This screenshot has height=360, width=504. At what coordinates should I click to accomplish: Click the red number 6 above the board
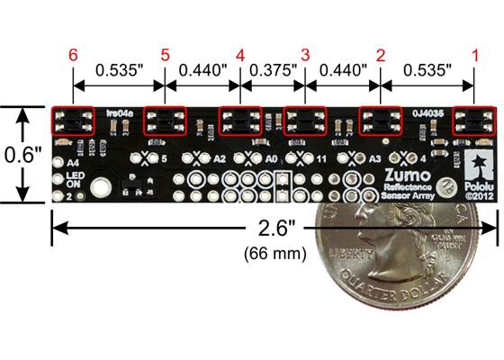[x=73, y=56]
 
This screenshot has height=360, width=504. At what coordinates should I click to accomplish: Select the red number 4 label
[x=239, y=56]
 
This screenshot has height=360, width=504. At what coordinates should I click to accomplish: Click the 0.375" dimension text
[x=272, y=68]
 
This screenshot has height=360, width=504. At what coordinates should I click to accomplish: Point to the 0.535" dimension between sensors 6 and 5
[x=119, y=68]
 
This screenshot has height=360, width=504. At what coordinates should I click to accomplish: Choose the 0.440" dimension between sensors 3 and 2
[x=343, y=68]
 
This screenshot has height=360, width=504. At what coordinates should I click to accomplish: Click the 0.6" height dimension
[x=19, y=154]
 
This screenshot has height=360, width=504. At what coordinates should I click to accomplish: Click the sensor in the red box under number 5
[x=164, y=121]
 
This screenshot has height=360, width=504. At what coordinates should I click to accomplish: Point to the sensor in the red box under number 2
[x=380, y=121]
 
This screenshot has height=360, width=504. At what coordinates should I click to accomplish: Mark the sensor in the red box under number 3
[x=305, y=121]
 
